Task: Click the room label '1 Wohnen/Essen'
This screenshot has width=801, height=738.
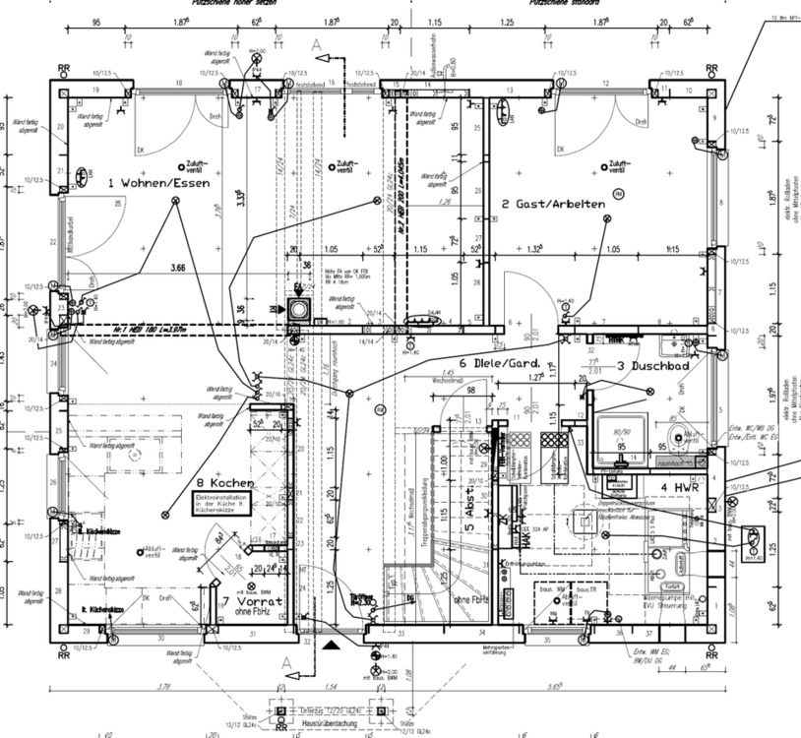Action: (159, 183)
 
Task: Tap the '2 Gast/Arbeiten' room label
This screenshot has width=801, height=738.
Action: (551, 204)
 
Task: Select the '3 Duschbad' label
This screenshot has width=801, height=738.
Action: (651, 366)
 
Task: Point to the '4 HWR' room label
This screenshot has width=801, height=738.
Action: (678, 487)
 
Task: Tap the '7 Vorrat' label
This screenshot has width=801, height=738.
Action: (252, 600)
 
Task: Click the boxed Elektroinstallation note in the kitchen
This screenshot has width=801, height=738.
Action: (227, 506)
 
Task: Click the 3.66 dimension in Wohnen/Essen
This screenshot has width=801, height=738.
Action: (177, 267)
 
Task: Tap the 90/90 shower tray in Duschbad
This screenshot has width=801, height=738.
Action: (622, 437)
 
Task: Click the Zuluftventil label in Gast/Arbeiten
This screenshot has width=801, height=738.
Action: (618, 165)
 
